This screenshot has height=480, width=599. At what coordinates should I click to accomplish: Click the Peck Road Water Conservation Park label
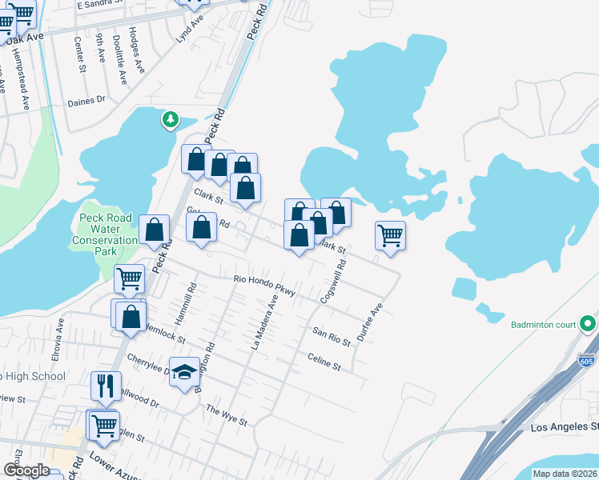coord(105,230)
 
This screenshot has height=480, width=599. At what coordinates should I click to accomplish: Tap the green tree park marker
coord(170,120)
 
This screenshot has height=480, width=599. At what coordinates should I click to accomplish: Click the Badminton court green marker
coord(589,324)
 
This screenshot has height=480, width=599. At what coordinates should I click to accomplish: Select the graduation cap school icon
coord(184,372)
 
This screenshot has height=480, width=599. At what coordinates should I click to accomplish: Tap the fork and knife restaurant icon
coord(106,386)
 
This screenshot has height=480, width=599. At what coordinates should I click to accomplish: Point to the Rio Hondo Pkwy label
coord(264,286)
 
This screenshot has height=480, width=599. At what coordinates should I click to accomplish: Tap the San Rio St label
coord(332,336)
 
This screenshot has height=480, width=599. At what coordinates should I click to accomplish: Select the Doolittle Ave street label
coord(119,59)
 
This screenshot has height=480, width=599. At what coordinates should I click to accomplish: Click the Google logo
coord(26,471)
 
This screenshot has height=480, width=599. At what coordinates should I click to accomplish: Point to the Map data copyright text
coord(565,474)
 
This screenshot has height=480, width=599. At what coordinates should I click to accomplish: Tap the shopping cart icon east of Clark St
coord(390,236)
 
